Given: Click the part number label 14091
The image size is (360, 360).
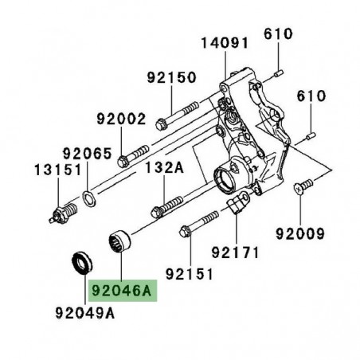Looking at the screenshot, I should (x=225, y=42).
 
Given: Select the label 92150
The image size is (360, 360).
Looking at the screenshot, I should (x=171, y=79).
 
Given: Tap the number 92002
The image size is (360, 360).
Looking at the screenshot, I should (x=122, y=119).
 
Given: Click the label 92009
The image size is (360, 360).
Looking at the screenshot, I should (x=301, y=235).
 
